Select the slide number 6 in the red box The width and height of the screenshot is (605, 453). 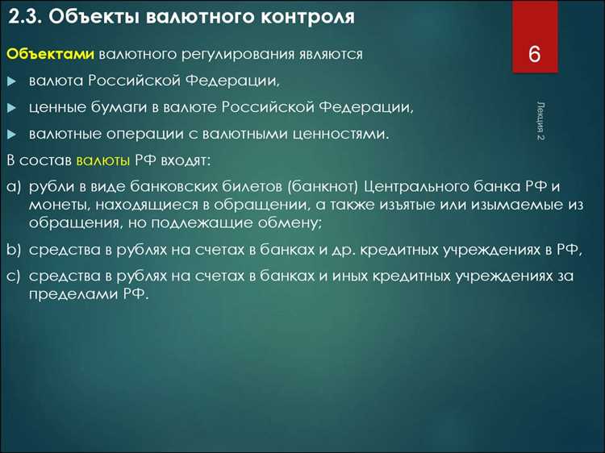pos(534,56)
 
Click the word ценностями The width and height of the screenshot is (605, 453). pos(342,134)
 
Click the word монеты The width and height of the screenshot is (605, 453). pos(55,206)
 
